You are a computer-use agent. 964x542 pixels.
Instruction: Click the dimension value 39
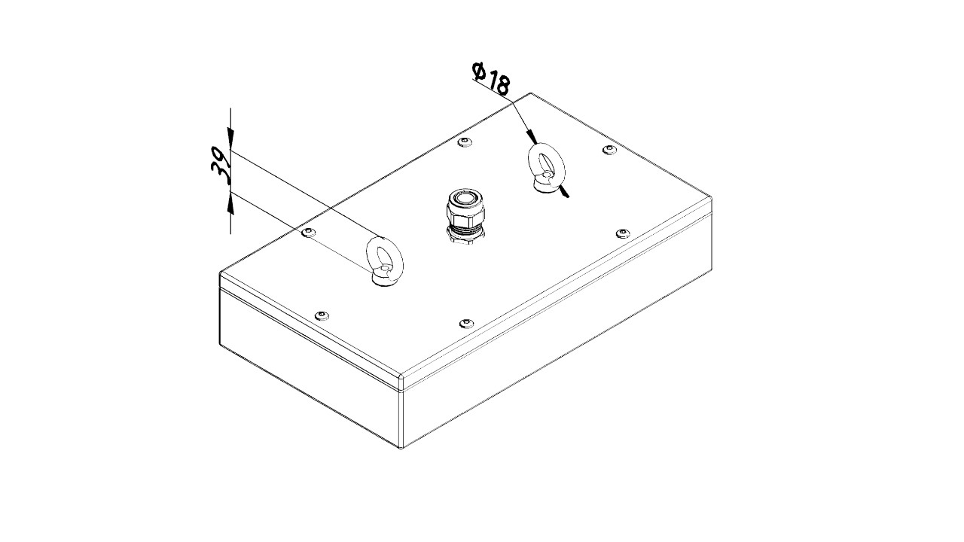(x=221, y=165)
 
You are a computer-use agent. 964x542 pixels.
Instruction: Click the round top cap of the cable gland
(x=465, y=199)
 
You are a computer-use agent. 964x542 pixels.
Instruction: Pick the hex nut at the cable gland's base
(x=466, y=236)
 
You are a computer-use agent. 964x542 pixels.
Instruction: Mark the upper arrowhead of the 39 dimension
(x=230, y=139)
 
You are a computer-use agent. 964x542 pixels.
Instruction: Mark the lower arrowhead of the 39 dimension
(x=230, y=202)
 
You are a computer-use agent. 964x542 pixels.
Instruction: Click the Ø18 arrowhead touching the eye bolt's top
(x=532, y=137)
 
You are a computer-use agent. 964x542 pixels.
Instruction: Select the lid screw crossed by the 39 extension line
(x=309, y=233)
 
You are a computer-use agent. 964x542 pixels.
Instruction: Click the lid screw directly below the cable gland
(x=466, y=323)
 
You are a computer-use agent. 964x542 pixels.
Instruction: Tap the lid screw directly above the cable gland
(x=465, y=142)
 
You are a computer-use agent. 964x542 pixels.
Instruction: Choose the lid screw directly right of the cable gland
(x=623, y=233)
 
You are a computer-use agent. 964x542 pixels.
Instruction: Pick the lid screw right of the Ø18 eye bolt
(x=609, y=150)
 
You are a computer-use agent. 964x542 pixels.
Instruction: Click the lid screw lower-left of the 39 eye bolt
(x=322, y=315)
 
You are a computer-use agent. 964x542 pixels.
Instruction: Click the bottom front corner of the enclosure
(x=401, y=448)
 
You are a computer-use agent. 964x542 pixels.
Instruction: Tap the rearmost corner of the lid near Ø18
(x=531, y=93)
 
